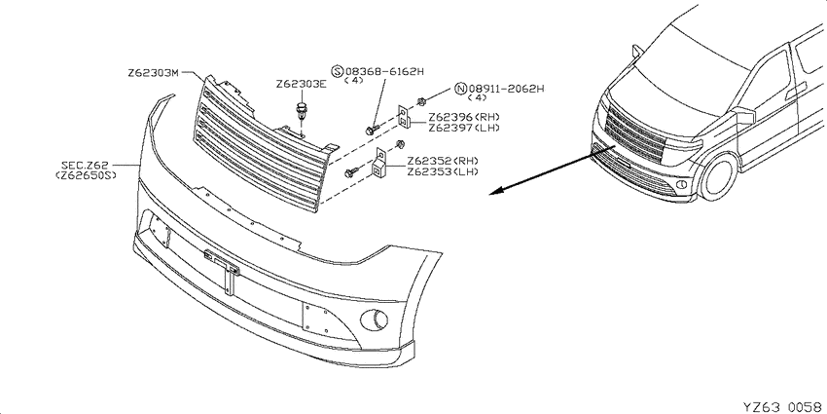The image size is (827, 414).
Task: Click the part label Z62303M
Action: [154, 73]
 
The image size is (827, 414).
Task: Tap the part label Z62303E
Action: [302, 85]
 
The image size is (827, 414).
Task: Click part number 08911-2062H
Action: [506, 89]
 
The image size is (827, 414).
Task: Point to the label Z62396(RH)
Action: [464, 117]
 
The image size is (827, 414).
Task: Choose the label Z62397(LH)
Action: [464, 128]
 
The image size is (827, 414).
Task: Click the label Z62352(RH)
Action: [443, 161]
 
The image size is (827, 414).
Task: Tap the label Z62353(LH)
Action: [443, 171]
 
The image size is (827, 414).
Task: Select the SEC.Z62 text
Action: [85, 166]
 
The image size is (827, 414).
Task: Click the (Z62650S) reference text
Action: [86, 175]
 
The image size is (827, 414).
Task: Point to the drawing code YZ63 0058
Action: [782, 406]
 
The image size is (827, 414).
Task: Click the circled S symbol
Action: [337, 71]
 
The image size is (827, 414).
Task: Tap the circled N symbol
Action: [461, 89]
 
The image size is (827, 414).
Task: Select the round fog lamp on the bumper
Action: [374, 319]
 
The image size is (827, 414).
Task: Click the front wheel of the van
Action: [718, 176]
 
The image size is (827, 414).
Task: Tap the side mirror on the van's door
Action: [743, 115]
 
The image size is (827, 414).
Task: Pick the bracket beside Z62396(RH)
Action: [404, 116]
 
